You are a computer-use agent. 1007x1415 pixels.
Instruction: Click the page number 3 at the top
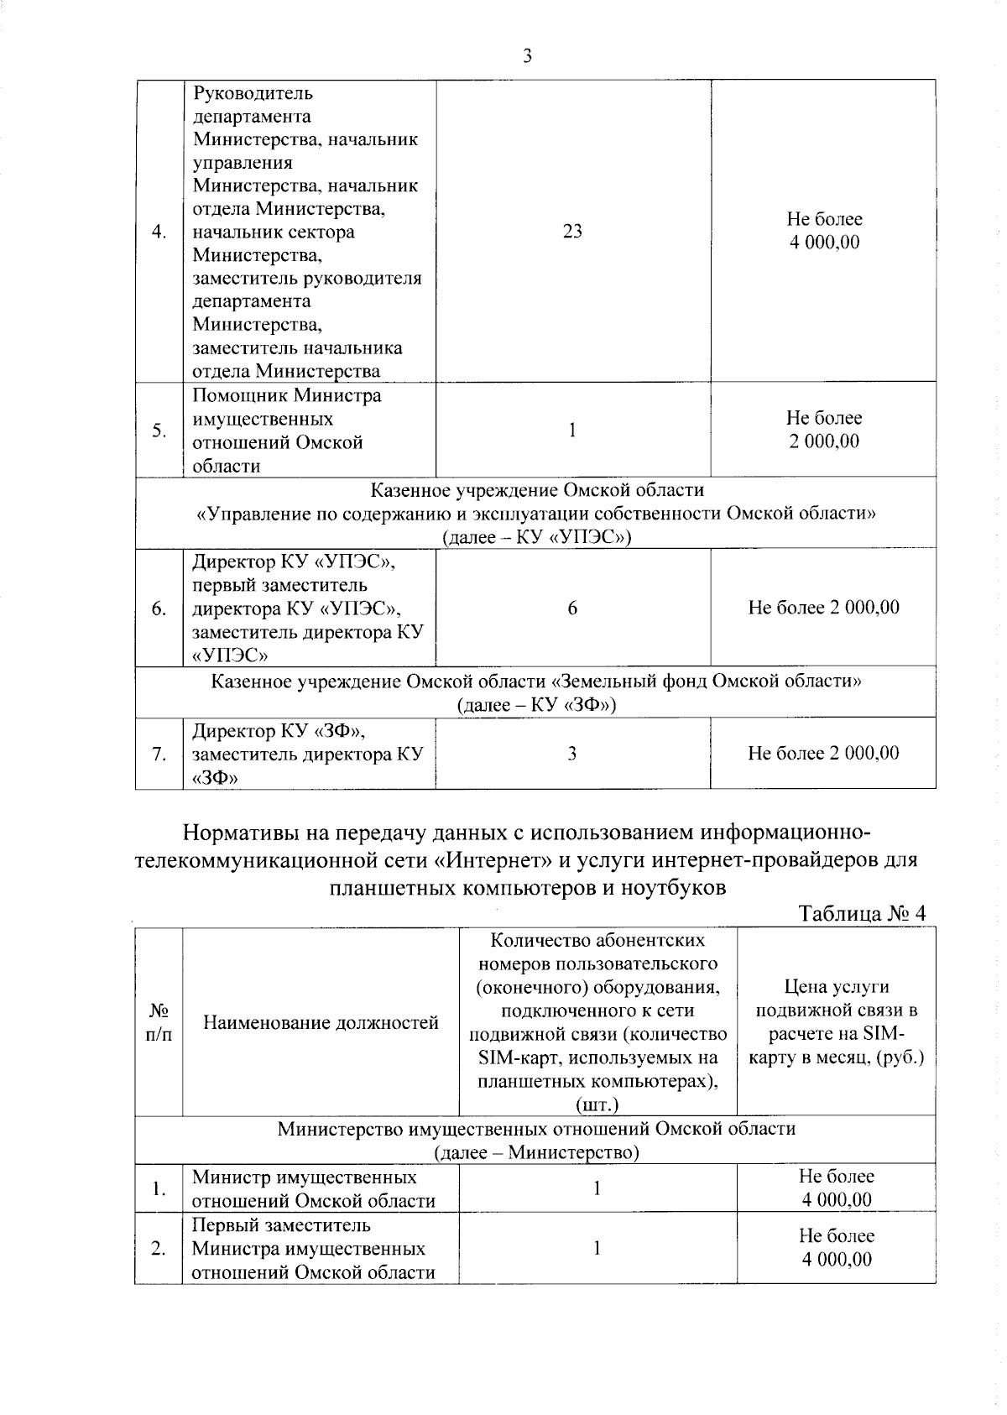pos(527,56)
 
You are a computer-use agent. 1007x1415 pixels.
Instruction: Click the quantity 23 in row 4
pos(572,232)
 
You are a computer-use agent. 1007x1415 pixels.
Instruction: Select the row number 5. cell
pos(159,431)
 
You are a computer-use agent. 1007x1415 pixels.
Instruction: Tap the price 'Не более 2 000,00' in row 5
pos(823,430)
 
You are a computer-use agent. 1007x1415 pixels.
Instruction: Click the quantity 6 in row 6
pos(572,608)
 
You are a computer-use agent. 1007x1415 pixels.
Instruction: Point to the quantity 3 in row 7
pos(572,754)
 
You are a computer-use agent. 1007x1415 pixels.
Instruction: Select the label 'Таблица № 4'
pos(862,913)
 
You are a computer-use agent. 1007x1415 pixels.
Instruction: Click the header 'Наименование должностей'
pos(321,1022)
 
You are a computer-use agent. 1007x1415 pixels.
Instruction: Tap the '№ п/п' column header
pos(159,1022)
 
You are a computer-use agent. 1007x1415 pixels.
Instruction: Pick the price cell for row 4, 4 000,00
pos(823,232)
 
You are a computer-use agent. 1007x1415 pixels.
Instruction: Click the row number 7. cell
pos(159,754)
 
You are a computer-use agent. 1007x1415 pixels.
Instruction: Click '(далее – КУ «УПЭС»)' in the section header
pos(536,537)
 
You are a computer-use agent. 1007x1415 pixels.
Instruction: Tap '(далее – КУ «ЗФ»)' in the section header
pos(536,705)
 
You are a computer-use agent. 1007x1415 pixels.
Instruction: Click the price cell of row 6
pos(823,608)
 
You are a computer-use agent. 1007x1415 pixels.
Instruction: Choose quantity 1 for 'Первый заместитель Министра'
pos(597,1249)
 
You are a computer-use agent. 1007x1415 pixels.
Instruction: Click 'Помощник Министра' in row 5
pos(287,395)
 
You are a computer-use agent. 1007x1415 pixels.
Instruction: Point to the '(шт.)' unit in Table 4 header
pos(597,1105)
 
